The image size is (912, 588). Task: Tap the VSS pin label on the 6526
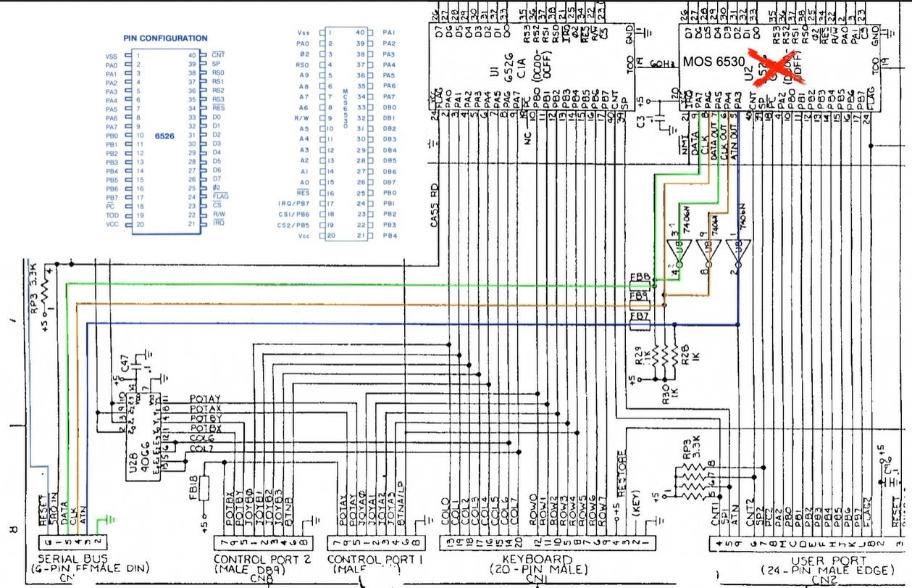pos(112,56)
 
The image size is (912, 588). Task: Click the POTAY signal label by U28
pos(204,399)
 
